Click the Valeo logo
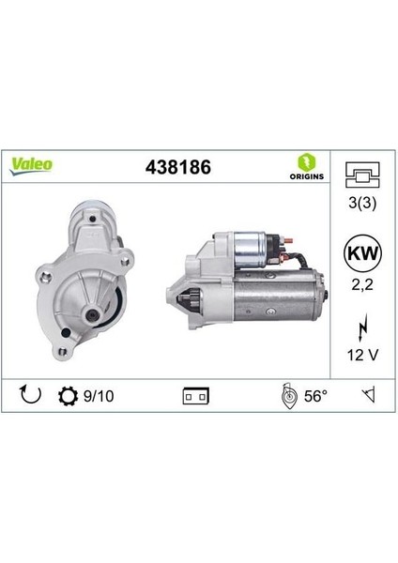(x=32, y=163)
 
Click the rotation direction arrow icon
(x=30, y=395)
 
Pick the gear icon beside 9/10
(x=68, y=395)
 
